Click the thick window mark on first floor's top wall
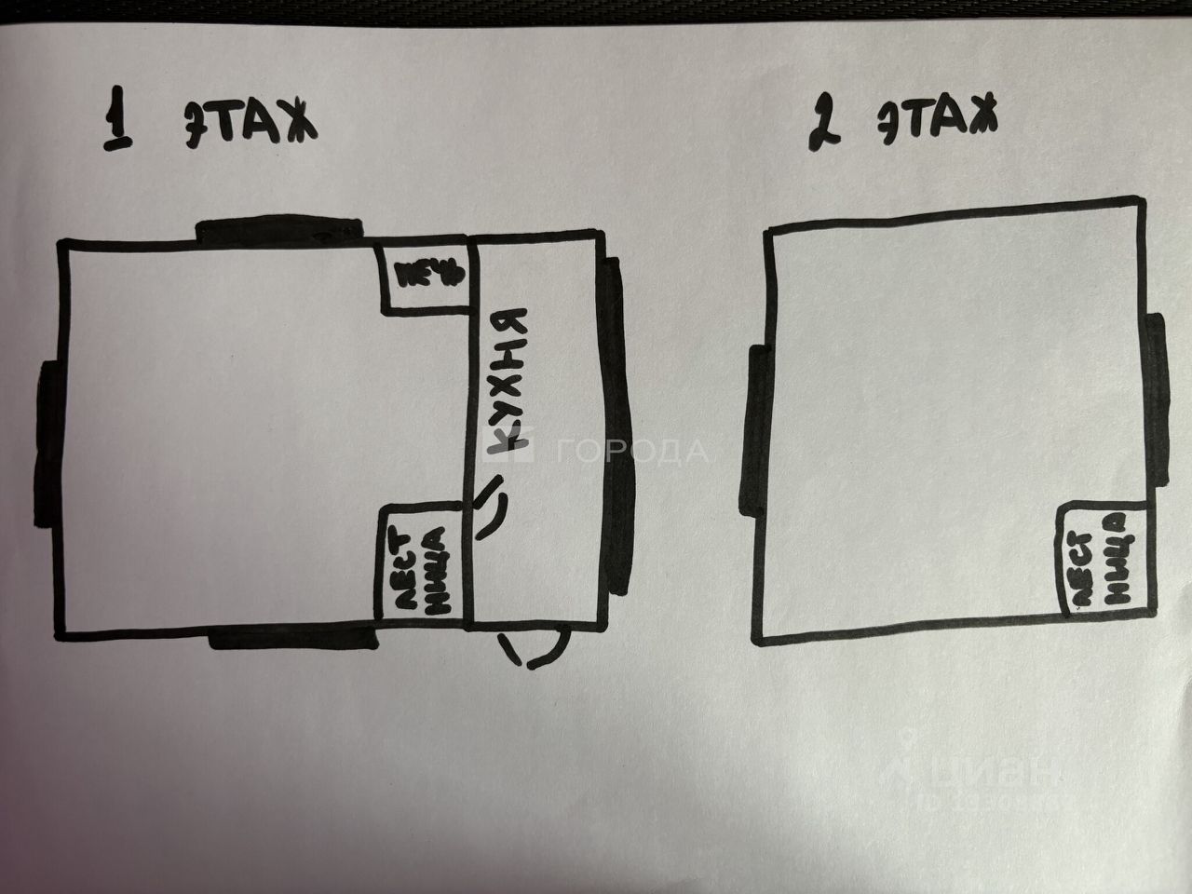[x=277, y=229]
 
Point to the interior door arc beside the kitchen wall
[x=494, y=507]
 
